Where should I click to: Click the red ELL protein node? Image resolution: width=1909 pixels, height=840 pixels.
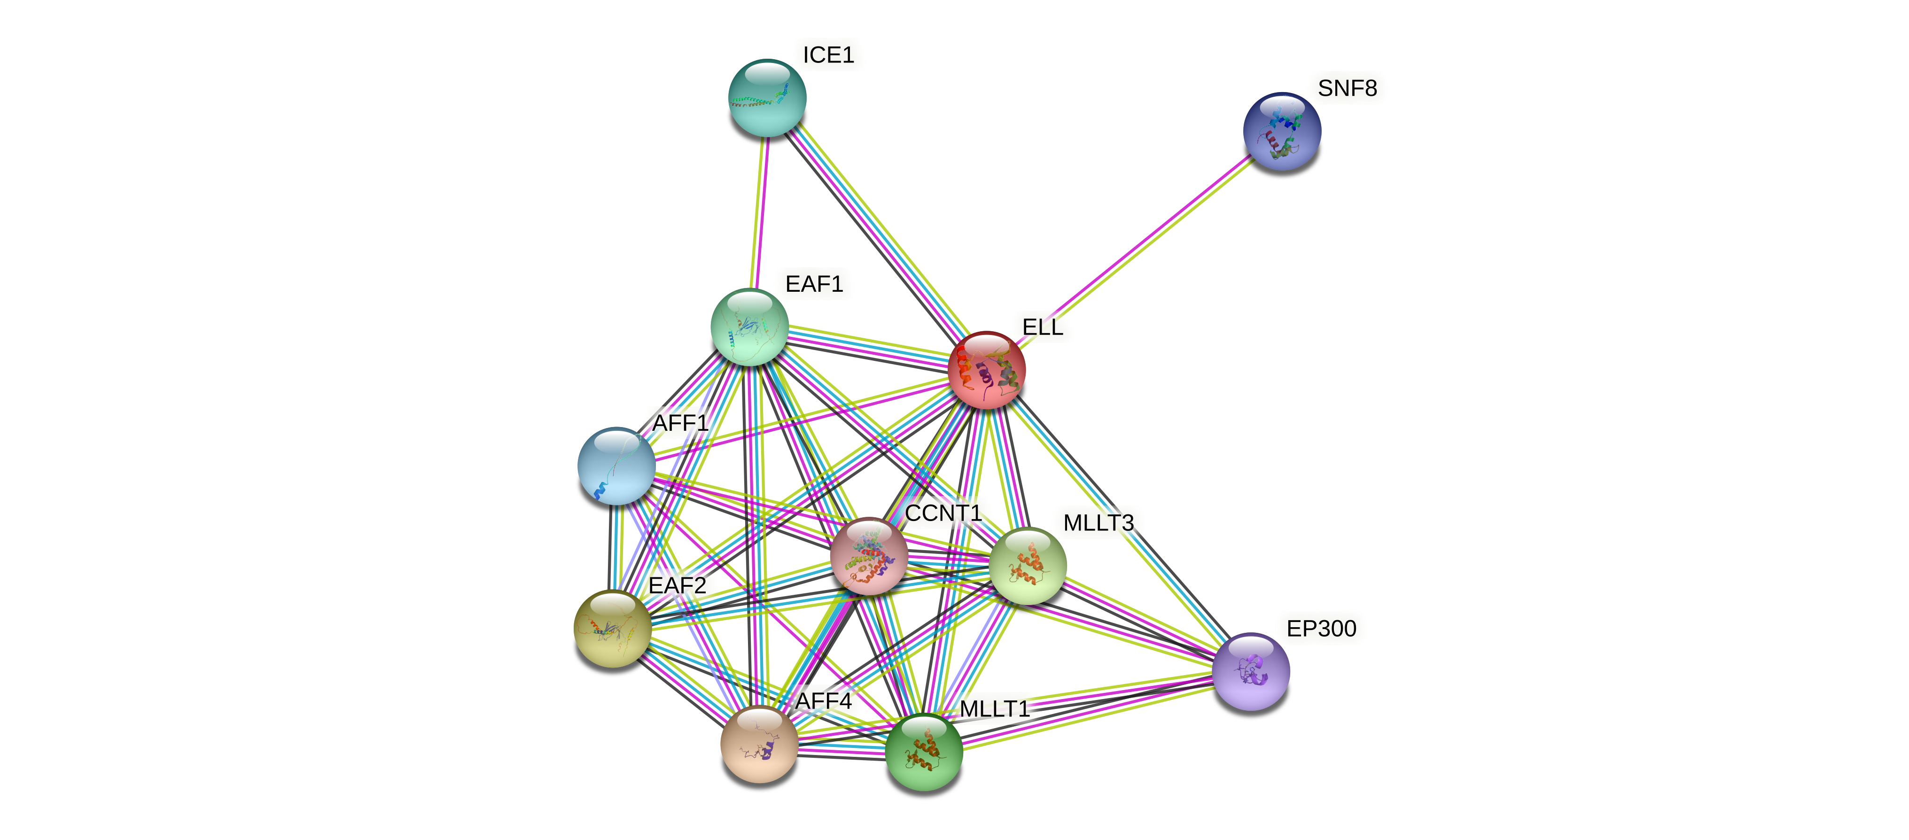986,370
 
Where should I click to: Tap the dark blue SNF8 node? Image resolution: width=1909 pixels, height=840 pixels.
1281,131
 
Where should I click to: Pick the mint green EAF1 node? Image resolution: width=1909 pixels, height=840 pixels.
749,327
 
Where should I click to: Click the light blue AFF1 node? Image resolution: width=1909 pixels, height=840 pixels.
616,466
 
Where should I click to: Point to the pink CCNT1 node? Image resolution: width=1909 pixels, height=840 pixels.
868,556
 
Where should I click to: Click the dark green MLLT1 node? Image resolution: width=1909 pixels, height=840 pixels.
923,752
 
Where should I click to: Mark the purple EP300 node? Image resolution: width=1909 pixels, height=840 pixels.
1251,671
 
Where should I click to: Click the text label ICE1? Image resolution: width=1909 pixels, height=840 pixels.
828,55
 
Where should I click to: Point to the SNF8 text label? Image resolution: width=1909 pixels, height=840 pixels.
1347,88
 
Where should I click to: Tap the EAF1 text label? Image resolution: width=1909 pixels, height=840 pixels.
814,284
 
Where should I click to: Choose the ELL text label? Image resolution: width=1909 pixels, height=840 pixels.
1042,327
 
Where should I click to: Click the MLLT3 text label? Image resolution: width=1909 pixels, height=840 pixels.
1098,523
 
